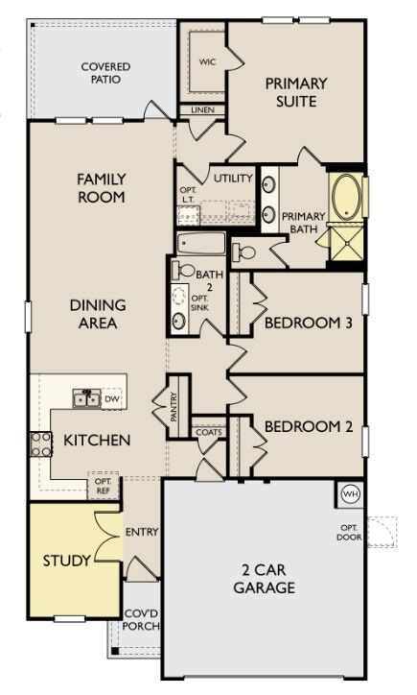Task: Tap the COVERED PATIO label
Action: tap(105, 75)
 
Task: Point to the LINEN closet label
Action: tap(202, 110)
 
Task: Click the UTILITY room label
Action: tap(232, 179)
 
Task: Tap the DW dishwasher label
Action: tap(112, 398)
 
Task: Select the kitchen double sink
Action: tap(86, 397)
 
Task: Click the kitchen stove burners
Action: tap(41, 443)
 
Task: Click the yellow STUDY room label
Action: tap(67, 560)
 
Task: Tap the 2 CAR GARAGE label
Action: tap(264, 578)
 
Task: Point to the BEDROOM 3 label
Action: tap(308, 324)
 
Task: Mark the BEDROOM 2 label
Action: tap(308, 426)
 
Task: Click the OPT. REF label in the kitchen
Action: tap(103, 487)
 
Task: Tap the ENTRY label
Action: tap(141, 532)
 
